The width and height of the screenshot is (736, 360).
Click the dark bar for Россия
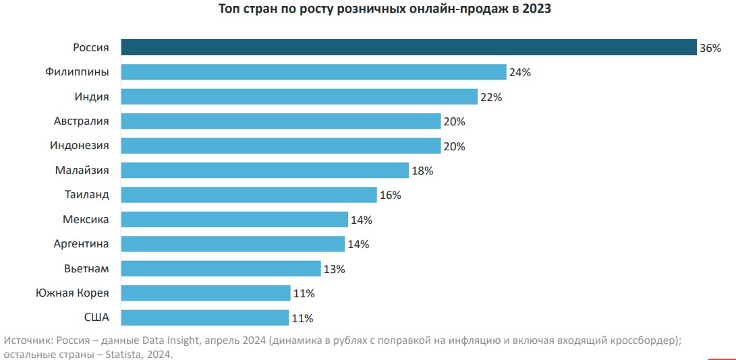coord(408,47)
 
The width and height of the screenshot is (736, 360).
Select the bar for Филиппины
coord(314,72)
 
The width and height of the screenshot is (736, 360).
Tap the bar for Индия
coord(299,96)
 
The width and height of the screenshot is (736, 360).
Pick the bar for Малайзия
coord(265,170)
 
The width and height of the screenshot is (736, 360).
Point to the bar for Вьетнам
coord(221,268)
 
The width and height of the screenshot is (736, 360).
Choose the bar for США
coord(205,318)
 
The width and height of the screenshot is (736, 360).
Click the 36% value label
coord(710,48)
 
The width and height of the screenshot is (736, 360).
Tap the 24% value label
coord(520,73)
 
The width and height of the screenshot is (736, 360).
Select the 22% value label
coord(491,97)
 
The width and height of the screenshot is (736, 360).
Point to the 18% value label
coord(422,171)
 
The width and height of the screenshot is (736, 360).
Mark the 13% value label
coord(335,269)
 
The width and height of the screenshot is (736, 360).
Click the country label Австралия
coord(82,121)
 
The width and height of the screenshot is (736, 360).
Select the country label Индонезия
coord(80,145)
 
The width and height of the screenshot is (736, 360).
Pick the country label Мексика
coord(86,219)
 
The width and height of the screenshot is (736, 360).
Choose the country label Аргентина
coord(81,243)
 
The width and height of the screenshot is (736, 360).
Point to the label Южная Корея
coord(72,293)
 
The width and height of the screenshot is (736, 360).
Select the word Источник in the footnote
coord(27,340)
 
